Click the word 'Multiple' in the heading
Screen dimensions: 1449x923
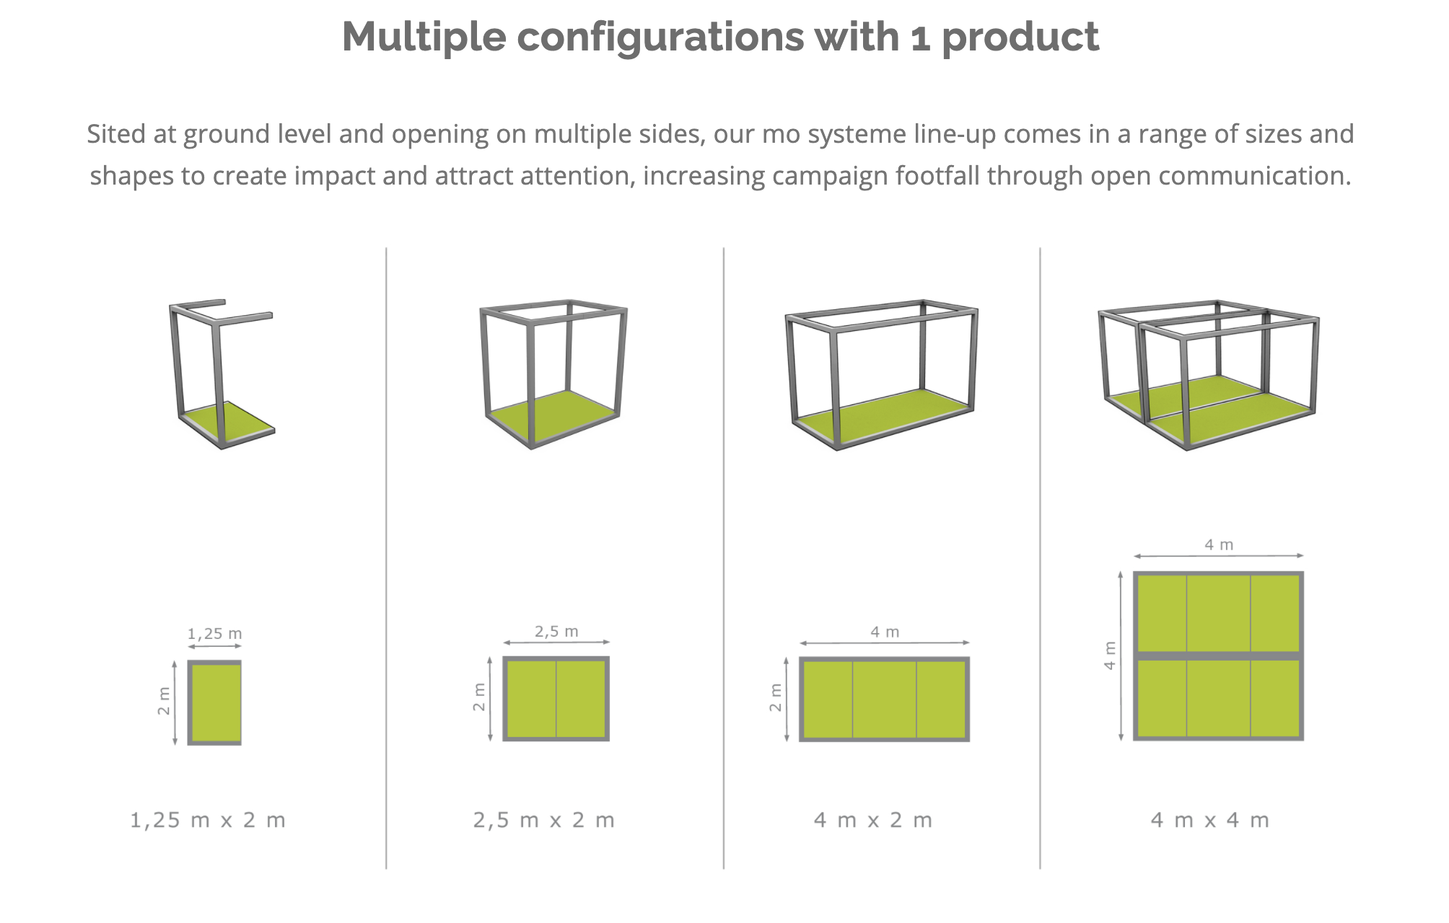424,37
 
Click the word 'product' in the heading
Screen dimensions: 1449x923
1020,37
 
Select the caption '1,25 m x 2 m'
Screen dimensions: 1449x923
208,820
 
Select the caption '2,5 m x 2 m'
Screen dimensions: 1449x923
544,820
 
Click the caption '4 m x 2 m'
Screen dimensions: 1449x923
873,820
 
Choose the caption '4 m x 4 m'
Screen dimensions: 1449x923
1210,820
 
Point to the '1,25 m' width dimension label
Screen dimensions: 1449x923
214,634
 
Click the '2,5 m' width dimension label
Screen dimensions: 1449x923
556,632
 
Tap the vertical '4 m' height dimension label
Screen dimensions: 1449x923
1110,655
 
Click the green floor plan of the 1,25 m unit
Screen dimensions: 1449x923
214,702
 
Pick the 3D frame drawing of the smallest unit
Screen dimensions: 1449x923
222,374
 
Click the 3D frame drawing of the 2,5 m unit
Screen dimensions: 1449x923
553,374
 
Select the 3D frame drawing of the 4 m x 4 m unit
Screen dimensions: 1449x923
1209,375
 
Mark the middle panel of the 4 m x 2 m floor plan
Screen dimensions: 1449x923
885,699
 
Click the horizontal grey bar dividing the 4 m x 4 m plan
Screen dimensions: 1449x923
1219,655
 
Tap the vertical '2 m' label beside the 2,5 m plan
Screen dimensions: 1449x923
479,697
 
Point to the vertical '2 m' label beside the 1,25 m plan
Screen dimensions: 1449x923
164,701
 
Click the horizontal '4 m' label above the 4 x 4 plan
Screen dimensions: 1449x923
1219,545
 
